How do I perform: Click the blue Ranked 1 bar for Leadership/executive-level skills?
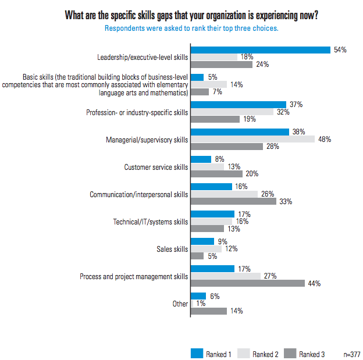(260, 50)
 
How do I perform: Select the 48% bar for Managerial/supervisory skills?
(252, 140)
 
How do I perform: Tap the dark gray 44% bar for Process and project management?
(248, 283)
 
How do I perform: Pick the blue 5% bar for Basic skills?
(197, 77)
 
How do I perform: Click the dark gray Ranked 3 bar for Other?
(208, 311)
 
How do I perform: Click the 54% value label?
(340, 50)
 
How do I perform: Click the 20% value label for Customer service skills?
(252, 174)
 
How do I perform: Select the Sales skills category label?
(173, 249)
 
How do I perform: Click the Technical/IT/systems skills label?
(151, 222)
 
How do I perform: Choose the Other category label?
(180, 304)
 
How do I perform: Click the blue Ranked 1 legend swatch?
(197, 352)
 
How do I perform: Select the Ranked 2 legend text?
(266, 353)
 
